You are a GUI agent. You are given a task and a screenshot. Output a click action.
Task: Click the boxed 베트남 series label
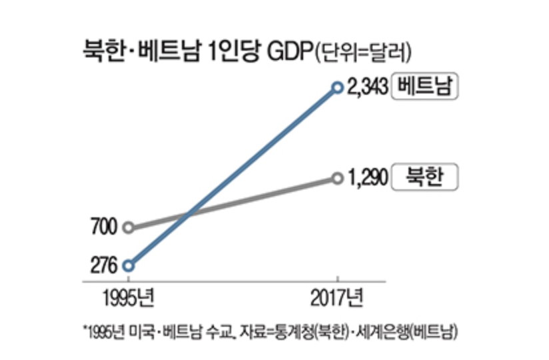[425, 87]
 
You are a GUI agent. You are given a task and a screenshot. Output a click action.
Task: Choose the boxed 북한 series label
[425, 177]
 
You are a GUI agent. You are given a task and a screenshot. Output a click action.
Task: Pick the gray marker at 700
[129, 227]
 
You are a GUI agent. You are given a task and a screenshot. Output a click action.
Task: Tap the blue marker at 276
[129, 265]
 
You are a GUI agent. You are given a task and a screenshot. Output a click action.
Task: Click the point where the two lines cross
[189, 215]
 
